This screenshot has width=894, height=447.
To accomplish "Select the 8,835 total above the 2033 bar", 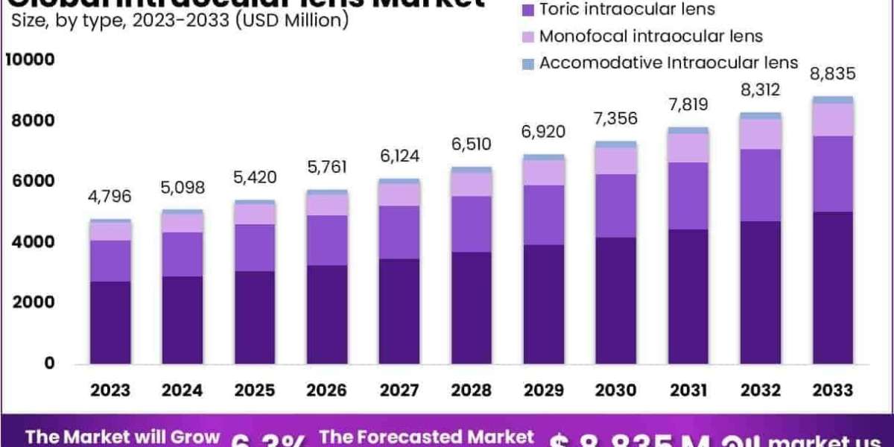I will pyautogui.click(x=834, y=74).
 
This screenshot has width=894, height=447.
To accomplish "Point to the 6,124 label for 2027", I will pyautogui.click(x=400, y=156).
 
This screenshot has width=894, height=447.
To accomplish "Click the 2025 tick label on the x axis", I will pyautogui.click(x=255, y=390).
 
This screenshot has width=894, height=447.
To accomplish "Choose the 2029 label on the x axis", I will pyautogui.click(x=544, y=390).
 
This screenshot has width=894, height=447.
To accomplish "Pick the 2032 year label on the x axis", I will pyautogui.click(x=761, y=390).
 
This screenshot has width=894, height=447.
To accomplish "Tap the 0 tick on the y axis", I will pyautogui.click(x=50, y=364).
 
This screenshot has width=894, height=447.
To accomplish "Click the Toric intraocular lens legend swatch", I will pyautogui.click(x=528, y=10).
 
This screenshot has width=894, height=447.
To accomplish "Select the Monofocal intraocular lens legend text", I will pyautogui.click(x=651, y=36).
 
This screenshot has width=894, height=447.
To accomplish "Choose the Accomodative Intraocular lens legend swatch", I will pyautogui.click(x=528, y=64).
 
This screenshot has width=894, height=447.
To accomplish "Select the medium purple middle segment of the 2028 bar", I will pyautogui.click(x=472, y=224).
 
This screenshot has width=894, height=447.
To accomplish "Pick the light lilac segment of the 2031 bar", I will pyautogui.click(x=688, y=148).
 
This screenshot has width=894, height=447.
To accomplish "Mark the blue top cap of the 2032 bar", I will pyautogui.click(x=761, y=116).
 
